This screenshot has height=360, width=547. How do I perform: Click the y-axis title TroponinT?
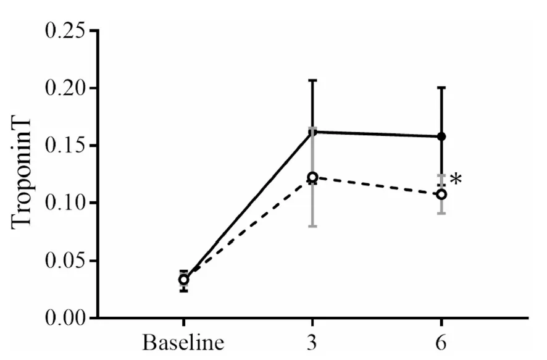[23, 175]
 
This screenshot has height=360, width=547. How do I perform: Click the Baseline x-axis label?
[183, 343]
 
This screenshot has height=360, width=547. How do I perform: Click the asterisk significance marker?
[456, 180]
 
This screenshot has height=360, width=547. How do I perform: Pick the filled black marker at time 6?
[442, 136]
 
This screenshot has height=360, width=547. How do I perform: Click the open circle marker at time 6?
[442, 194]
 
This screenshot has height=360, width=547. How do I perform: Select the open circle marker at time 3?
[312, 177]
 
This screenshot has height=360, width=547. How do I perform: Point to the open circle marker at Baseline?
[183, 280]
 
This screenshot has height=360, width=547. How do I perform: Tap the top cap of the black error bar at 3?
[312, 80]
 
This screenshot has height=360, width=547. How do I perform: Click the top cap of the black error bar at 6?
[442, 88]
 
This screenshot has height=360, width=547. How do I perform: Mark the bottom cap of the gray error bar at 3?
[312, 227]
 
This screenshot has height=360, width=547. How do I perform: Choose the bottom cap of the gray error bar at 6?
[442, 213]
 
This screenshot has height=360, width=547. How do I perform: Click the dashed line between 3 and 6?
[377, 185]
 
